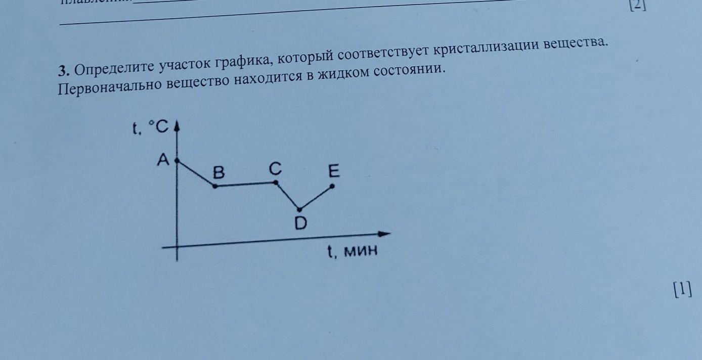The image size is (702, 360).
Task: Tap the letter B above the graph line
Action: (x=218, y=173)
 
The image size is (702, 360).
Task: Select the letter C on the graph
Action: (x=275, y=169)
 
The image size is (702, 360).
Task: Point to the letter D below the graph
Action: (x=301, y=223)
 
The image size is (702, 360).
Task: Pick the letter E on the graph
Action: (x=333, y=172)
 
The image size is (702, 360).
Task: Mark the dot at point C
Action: (x=276, y=183)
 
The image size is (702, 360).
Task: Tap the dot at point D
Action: (x=300, y=209)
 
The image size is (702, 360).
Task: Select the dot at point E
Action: (x=332, y=186)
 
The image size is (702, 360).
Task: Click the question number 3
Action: (x=63, y=69)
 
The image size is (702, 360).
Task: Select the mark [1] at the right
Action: (x=682, y=290)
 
